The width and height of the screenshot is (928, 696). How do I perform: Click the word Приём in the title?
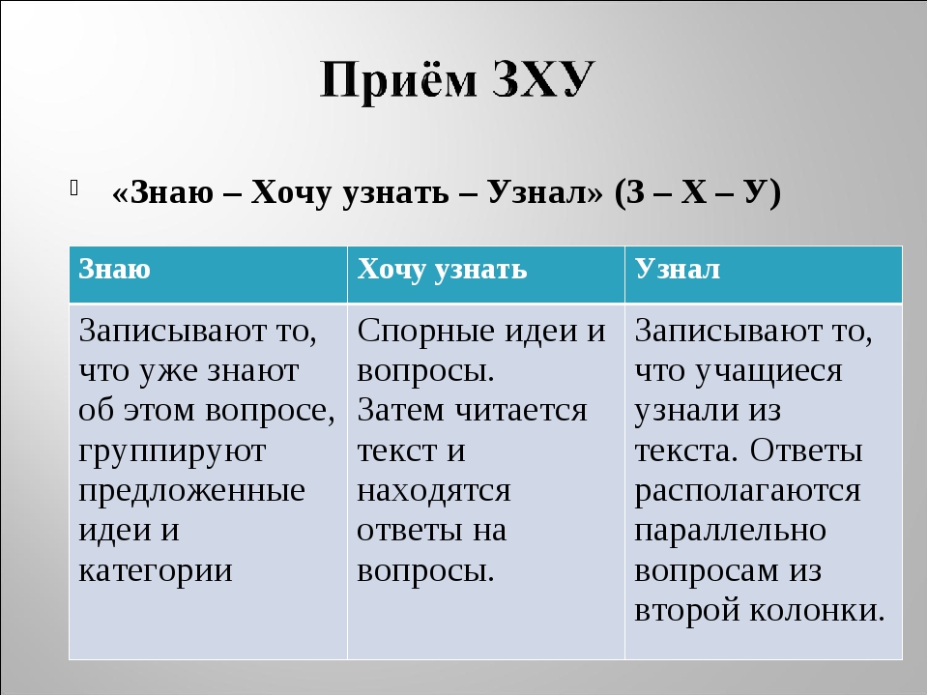398,80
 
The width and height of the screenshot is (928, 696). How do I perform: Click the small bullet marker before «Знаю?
74,188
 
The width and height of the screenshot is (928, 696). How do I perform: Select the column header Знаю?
114,270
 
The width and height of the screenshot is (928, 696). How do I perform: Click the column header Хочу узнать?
442,271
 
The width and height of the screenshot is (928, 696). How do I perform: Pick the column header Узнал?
677,270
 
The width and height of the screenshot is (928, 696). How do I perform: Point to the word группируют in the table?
172,452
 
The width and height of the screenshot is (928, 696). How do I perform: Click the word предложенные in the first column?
191,492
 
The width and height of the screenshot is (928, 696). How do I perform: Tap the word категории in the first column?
156,571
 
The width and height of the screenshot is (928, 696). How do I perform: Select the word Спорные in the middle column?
426,332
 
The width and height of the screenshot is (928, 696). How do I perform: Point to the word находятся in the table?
434,491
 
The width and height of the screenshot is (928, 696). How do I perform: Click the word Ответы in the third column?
806,451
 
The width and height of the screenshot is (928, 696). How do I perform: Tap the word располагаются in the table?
747,491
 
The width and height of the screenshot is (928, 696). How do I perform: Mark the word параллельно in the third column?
731,532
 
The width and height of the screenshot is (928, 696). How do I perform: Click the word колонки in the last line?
818,610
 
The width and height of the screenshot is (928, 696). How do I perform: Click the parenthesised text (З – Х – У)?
698,192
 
